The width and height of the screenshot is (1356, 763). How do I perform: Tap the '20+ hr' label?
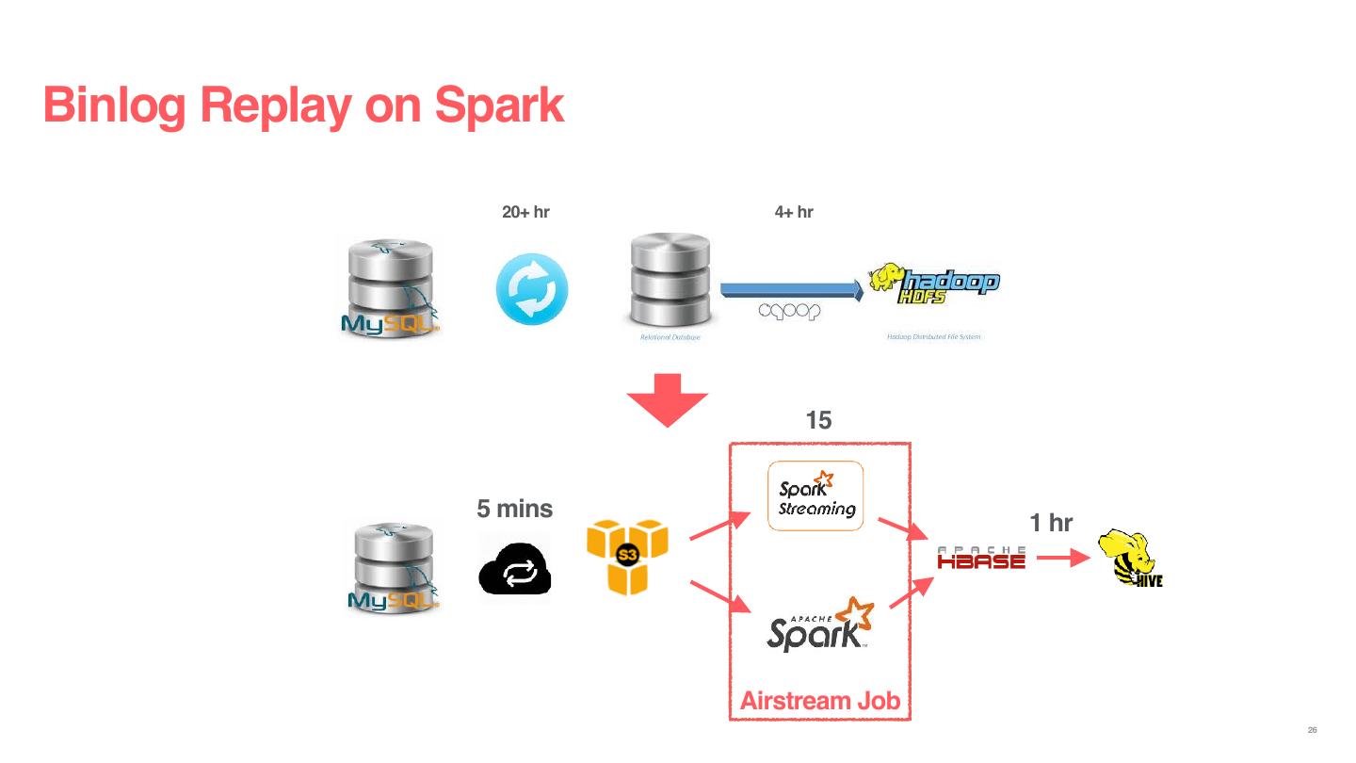[525, 212]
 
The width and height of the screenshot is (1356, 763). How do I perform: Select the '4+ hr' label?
[793, 212]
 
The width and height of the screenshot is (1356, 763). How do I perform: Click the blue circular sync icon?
[532, 290]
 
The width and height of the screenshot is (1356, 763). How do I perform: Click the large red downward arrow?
[668, 399]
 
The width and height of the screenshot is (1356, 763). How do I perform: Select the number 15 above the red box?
[819, 421]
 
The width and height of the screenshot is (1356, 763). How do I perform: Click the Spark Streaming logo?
[815, 496]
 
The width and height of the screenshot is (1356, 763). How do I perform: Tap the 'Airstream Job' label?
[819, 701]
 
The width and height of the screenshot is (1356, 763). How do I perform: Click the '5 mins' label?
[514, 510]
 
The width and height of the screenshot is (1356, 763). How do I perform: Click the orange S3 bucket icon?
[627, 558]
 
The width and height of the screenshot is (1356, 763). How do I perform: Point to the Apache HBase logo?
[981, 558]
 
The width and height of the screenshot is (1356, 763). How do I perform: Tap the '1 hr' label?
[1051, 523]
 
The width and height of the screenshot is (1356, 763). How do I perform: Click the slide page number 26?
[1312, 731]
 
